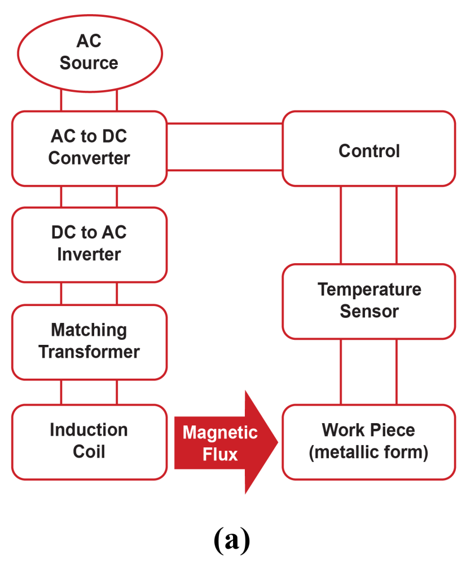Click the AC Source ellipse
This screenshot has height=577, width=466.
[89, 52]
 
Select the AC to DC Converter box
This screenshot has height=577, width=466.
[89, 148]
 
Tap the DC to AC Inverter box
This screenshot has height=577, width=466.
[89, 244]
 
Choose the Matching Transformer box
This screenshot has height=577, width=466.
[89, 341]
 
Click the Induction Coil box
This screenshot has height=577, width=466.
[89, 441]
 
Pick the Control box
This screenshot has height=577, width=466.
[369, 149]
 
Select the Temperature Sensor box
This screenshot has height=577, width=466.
[369, 301]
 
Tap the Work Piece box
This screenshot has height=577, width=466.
[369, 441]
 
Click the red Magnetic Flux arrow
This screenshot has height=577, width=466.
[226, 442]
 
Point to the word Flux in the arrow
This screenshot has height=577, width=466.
[220, 454]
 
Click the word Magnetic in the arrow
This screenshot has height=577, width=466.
[220, 433]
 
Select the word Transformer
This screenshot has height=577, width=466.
[89, 352]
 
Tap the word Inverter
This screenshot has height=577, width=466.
[89, 254]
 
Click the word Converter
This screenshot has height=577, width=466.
[89, 158]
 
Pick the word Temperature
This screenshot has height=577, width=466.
[369, 290]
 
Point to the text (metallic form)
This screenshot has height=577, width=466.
[369, 452]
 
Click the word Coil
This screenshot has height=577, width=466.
[89, 452]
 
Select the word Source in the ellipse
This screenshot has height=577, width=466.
[89, 63]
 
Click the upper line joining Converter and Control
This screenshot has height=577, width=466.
[225, 123]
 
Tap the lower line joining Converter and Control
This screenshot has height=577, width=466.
[225, 170]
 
